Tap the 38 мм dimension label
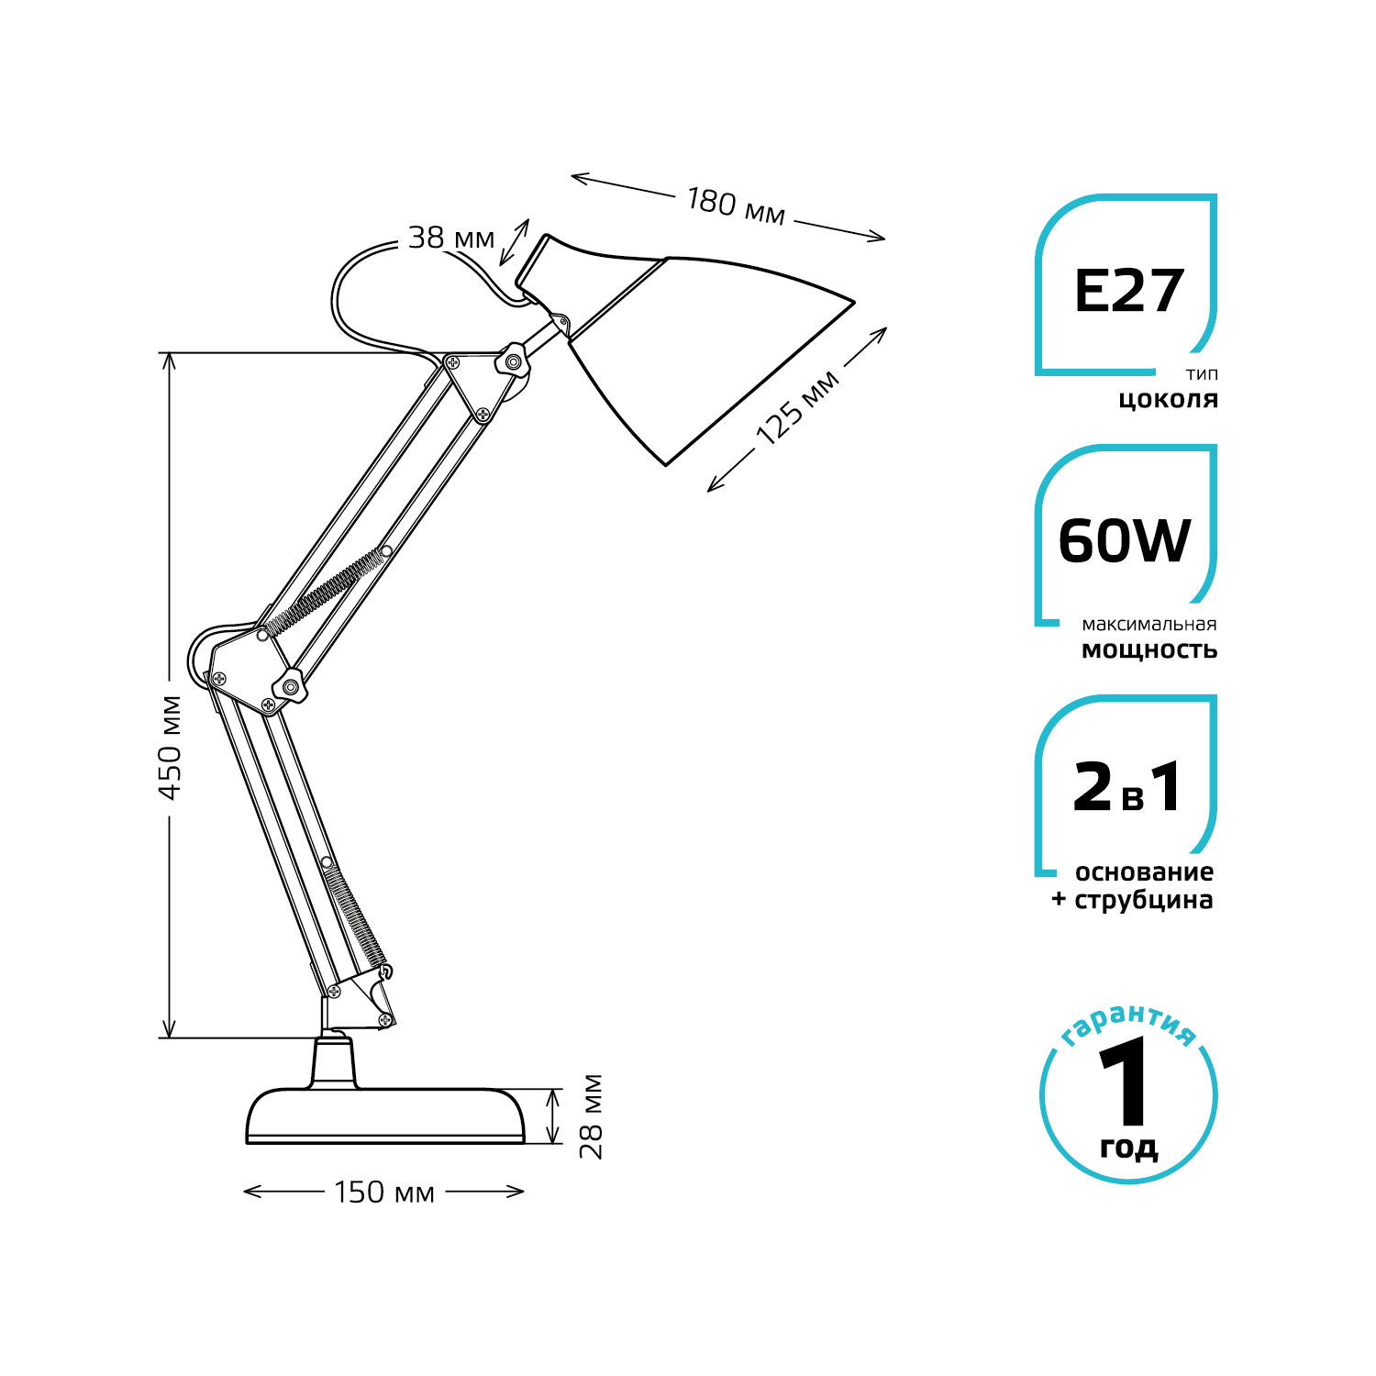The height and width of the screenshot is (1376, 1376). [450, 239]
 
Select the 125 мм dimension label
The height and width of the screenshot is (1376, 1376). [796, 407]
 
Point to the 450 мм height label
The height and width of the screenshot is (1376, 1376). [171, 747]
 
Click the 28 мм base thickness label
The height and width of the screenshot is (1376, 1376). [592, 1116]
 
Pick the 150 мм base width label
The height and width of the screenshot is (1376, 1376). [383, 1193]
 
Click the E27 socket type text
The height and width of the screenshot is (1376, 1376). [1129, 292]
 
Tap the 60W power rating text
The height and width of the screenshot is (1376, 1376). [1125, 541]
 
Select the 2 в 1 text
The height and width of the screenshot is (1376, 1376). [1128, 789]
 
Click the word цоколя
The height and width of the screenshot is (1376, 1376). [1168, 400]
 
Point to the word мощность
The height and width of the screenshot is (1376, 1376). [1149, 650]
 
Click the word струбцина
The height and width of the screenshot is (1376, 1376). [1143, 901]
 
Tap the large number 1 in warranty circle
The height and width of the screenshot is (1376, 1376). [1126, 1082]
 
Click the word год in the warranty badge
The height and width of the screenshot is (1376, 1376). [1128, 1148]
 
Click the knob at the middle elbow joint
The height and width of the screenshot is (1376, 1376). [291, 684]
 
